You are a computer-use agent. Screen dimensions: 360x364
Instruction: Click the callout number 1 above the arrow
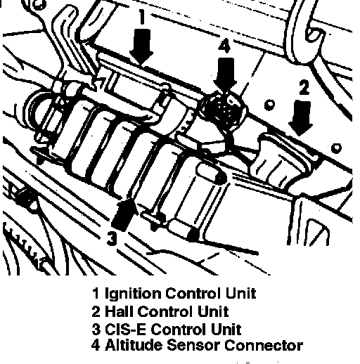(141, 17)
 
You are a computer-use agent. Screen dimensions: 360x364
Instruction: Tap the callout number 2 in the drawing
(304, 87)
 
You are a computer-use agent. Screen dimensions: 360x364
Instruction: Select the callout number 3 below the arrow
(112, 238)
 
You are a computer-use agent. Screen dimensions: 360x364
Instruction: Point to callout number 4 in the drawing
(224, 46)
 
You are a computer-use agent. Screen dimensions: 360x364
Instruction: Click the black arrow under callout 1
(141, 46)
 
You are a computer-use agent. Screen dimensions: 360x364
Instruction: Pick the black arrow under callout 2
(300, 118)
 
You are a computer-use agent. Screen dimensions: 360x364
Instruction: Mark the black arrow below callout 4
(225, 74)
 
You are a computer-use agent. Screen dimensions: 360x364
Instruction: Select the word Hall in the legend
(119, 311)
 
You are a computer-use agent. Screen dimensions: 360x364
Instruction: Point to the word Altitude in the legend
(134, 345)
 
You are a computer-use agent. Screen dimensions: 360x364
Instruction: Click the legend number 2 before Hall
(96, 311)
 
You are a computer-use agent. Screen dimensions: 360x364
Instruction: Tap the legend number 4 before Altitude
(96, 345)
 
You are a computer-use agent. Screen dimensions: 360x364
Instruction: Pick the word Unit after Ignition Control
(240, 293)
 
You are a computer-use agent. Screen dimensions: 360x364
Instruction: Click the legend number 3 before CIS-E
(96, 329)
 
